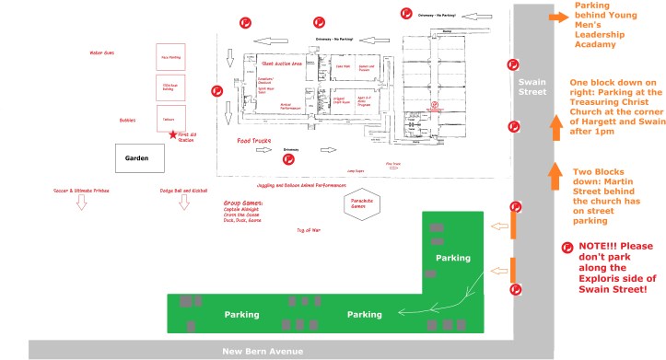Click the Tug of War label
tap(307, 229)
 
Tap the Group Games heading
tap(243, 202)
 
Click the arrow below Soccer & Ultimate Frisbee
tap(81, 203)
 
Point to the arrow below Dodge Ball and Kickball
tap(182, 203)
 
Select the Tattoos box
tap(169, 120)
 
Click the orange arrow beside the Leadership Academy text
tap(557, 17)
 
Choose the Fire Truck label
tap(393, 164)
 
